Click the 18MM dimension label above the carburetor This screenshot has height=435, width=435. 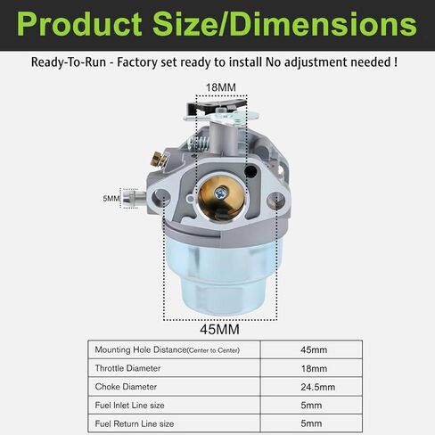(221, 87)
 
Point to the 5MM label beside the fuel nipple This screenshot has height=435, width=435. (111, 198)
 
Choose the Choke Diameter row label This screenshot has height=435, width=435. (127, 387)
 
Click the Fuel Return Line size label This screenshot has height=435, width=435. (135, 424)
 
